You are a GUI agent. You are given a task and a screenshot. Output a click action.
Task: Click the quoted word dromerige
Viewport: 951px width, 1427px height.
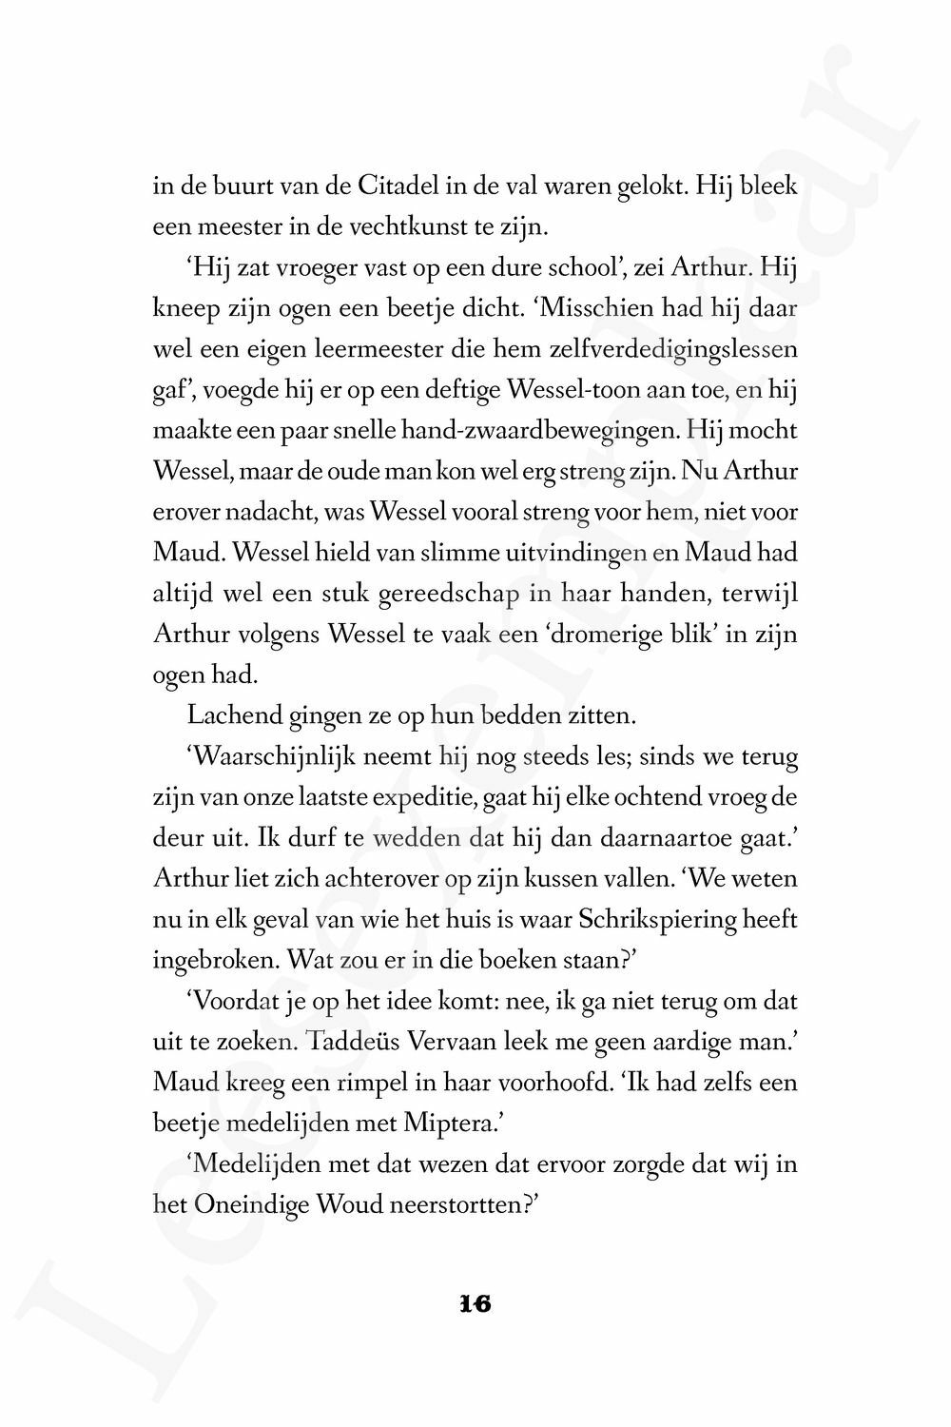click(x=591, y=634)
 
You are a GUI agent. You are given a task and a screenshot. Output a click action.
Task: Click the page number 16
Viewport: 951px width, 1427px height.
click(x=475, y=1304)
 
